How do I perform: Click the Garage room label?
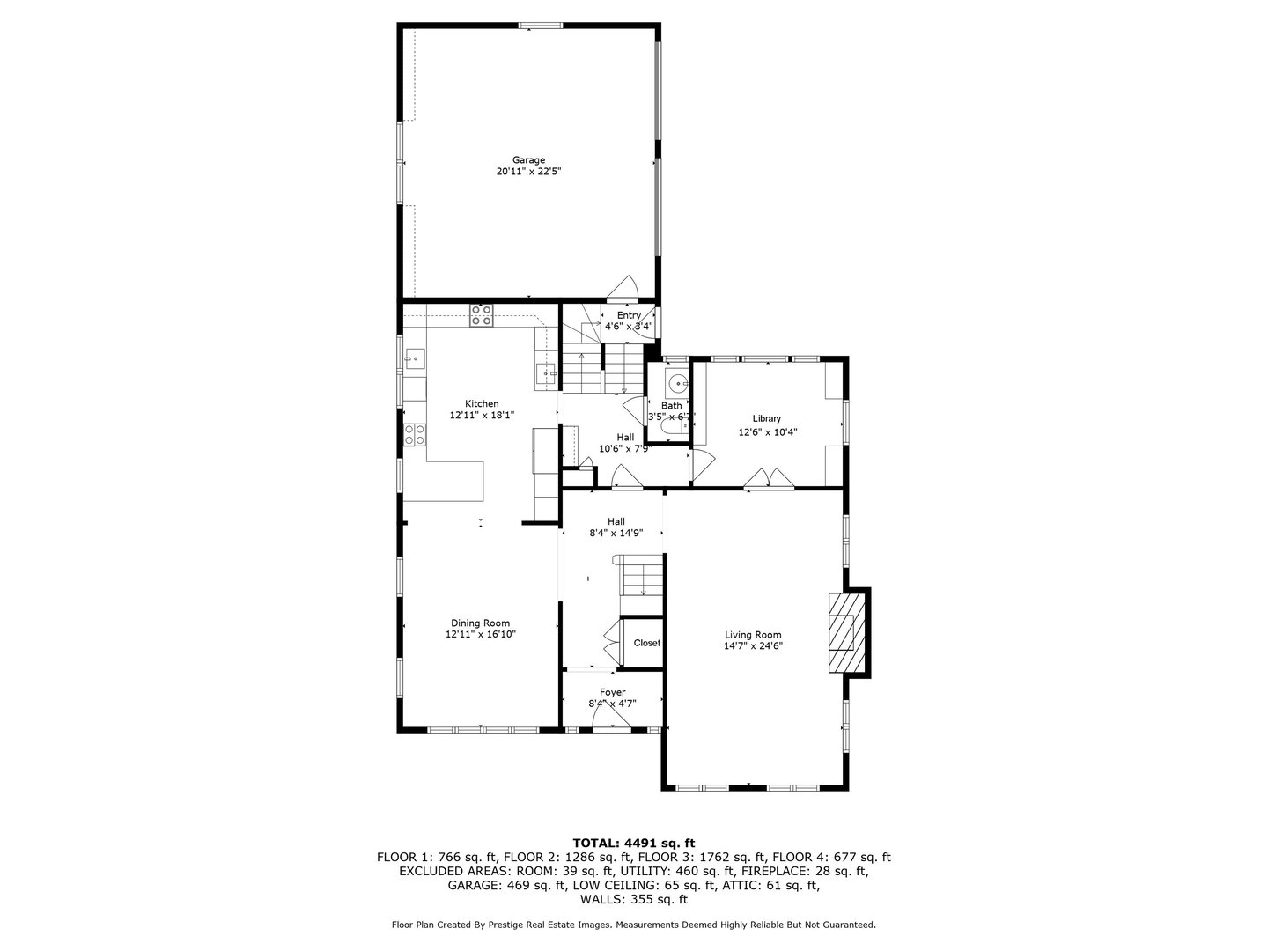click(x=528, y=160)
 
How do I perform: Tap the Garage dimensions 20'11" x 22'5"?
click(x=528, y=173)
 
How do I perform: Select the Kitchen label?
click(x=482, y=403)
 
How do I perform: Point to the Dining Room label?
click(x=480, y=623)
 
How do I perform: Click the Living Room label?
click(x=753, y=635)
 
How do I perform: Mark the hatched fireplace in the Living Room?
click(x=846, y=633)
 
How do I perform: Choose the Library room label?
click(x=766, y=419)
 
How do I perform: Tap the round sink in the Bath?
click(x=676, y=384)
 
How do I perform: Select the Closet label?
click(x=646, y=643)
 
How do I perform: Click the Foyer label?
click(x=612, y=693)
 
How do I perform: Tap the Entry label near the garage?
click(x=629, y=315)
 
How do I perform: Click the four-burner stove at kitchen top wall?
click(x=481, y=315)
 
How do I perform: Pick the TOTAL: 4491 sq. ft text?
click(x=633, y=843)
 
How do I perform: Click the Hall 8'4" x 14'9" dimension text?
click(x=616, y=533)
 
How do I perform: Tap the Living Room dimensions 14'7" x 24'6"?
click(x=753, y=646)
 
